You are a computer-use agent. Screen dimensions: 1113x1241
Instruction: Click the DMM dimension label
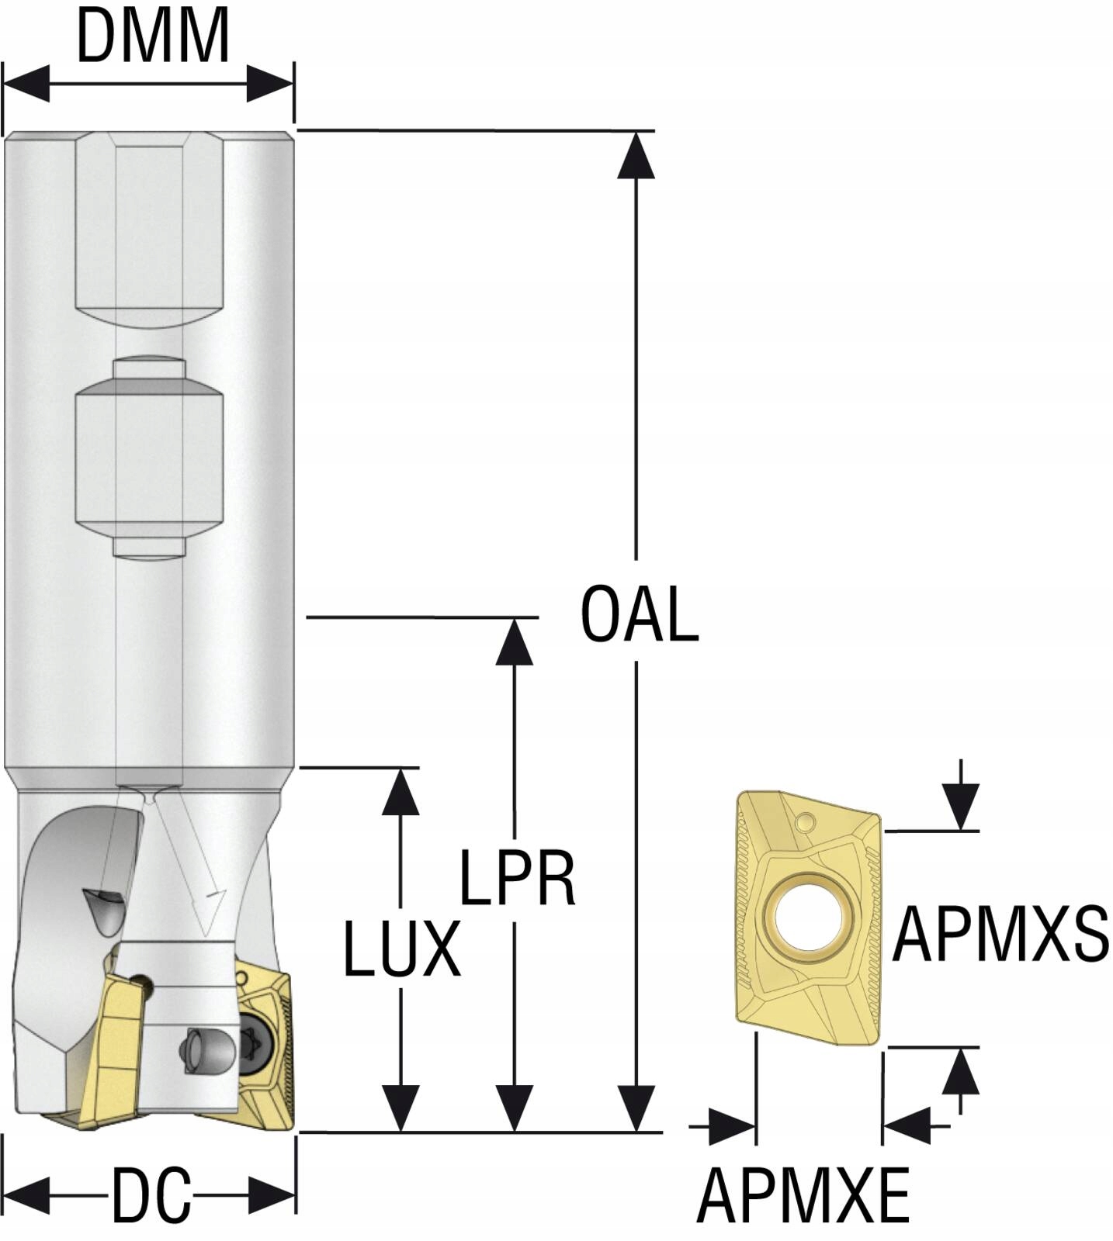[x=153, y=37]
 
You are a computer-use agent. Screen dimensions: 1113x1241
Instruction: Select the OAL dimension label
[x=640, y=614]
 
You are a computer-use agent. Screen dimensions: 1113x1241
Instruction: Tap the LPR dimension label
[x=518, y=879]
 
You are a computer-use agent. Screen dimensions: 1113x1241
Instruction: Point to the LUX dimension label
[x=401, y=949]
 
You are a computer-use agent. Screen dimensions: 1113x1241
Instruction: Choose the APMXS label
[x=1000, y=934]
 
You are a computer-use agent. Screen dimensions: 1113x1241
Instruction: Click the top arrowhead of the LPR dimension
[x=514, y=641]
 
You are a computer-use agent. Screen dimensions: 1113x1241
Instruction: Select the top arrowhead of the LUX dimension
[x=401, y=791]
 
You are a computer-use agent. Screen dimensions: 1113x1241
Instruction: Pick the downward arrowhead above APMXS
[x=961, y=807]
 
